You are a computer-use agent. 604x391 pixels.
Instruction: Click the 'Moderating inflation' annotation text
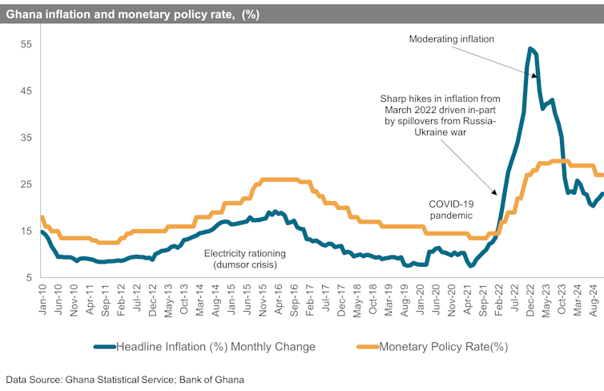[x=452, y=38]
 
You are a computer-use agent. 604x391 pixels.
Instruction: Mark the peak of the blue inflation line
[x=530, y=49]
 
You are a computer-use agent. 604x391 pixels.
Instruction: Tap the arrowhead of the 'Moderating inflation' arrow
[x=535, y=78]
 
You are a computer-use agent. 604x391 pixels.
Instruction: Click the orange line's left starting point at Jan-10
[x=42, y=217]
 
